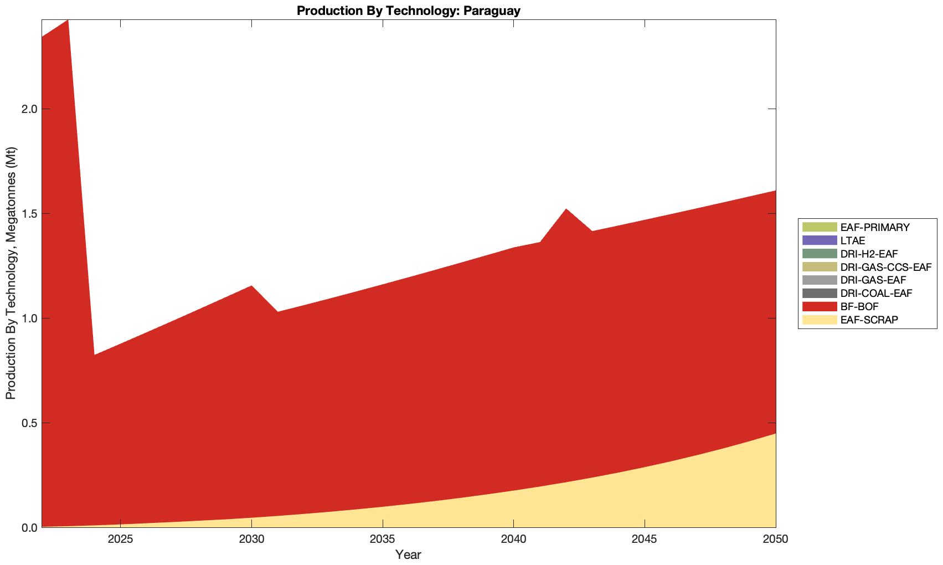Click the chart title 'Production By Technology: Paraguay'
click(409, 11)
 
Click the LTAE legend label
click(852, 240)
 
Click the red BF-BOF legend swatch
click(818, 306)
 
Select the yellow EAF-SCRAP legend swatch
click(818, 320)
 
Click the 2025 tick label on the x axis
click(121, 540)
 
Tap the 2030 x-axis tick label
click(252, 540)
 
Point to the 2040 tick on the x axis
click(514, 540)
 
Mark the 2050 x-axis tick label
click(775, 540)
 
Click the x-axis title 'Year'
click(409, 554)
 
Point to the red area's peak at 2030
click(252, 286)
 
